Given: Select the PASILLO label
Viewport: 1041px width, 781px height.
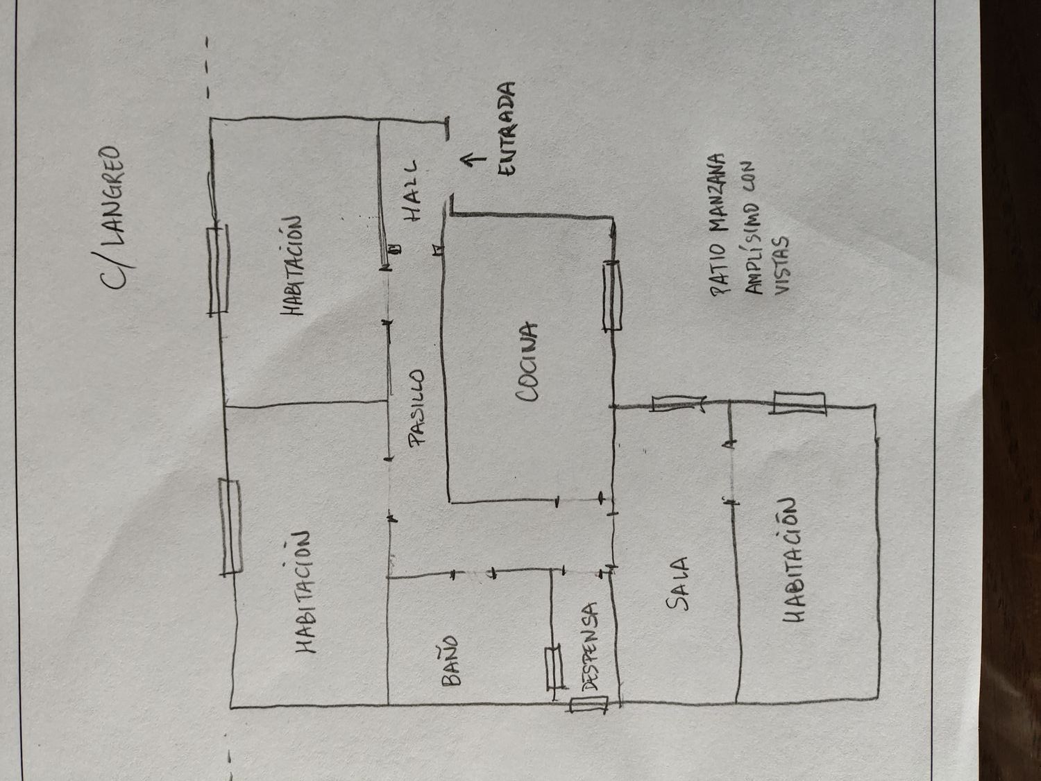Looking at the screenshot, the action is point(416,409).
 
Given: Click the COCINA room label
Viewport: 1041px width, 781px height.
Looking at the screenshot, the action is point(527,362).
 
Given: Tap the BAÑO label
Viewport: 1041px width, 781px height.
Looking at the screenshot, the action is point(450,661).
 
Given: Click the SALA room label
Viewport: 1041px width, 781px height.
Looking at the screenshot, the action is point(677,583).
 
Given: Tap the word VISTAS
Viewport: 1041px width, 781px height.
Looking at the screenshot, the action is point(781,264).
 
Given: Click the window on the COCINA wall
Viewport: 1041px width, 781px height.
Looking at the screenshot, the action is point(611,296).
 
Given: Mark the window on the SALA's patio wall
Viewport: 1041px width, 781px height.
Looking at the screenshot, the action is point(678,404).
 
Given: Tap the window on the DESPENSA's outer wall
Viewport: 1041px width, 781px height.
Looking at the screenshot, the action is point(589,704).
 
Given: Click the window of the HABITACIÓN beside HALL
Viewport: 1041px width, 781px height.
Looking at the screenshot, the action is point(218,268).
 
